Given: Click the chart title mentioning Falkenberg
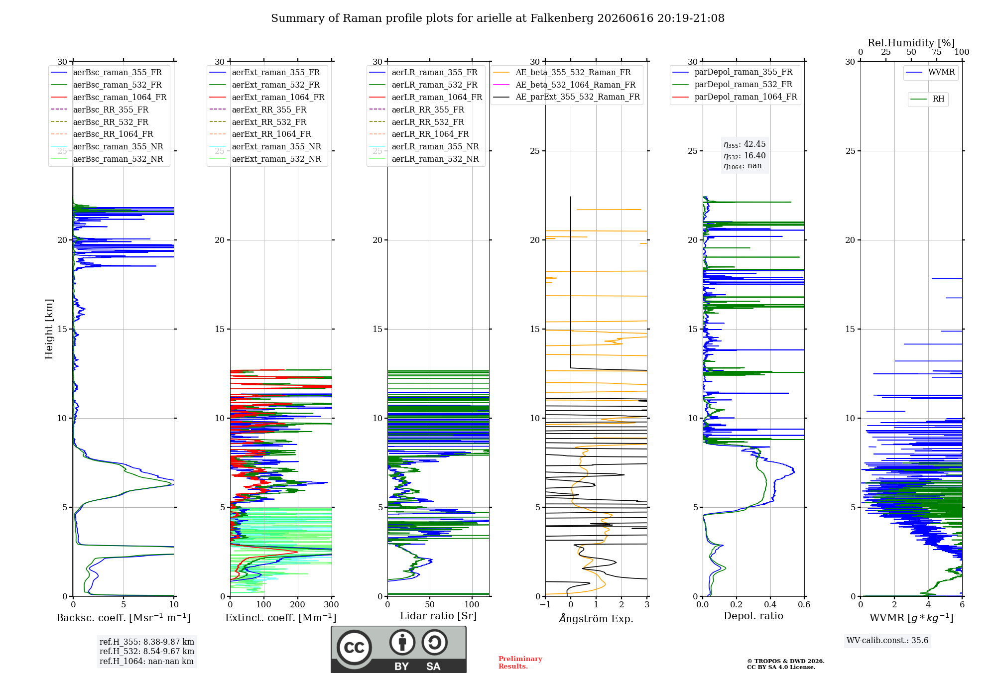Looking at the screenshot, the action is pos(498,18).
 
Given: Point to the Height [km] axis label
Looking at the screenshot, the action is pos(49,329).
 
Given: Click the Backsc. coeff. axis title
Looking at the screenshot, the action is pos(124,618).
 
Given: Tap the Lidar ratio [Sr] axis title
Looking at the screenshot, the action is pos(438,616).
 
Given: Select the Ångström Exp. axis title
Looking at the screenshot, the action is pos(596,618).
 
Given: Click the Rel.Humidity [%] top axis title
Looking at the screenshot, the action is pos(911,43).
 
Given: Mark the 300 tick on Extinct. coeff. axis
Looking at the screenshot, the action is pos(331,604).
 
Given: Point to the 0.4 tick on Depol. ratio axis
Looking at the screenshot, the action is pos(770,604).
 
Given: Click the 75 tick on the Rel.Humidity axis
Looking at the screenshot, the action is pos(937,52).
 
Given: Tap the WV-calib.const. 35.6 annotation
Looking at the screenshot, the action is pos(887,641).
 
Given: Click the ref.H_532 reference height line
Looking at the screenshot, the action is pos(147,651).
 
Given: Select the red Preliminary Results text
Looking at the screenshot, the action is pos(520,663).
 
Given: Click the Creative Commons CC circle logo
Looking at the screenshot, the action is pos(354,647).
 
